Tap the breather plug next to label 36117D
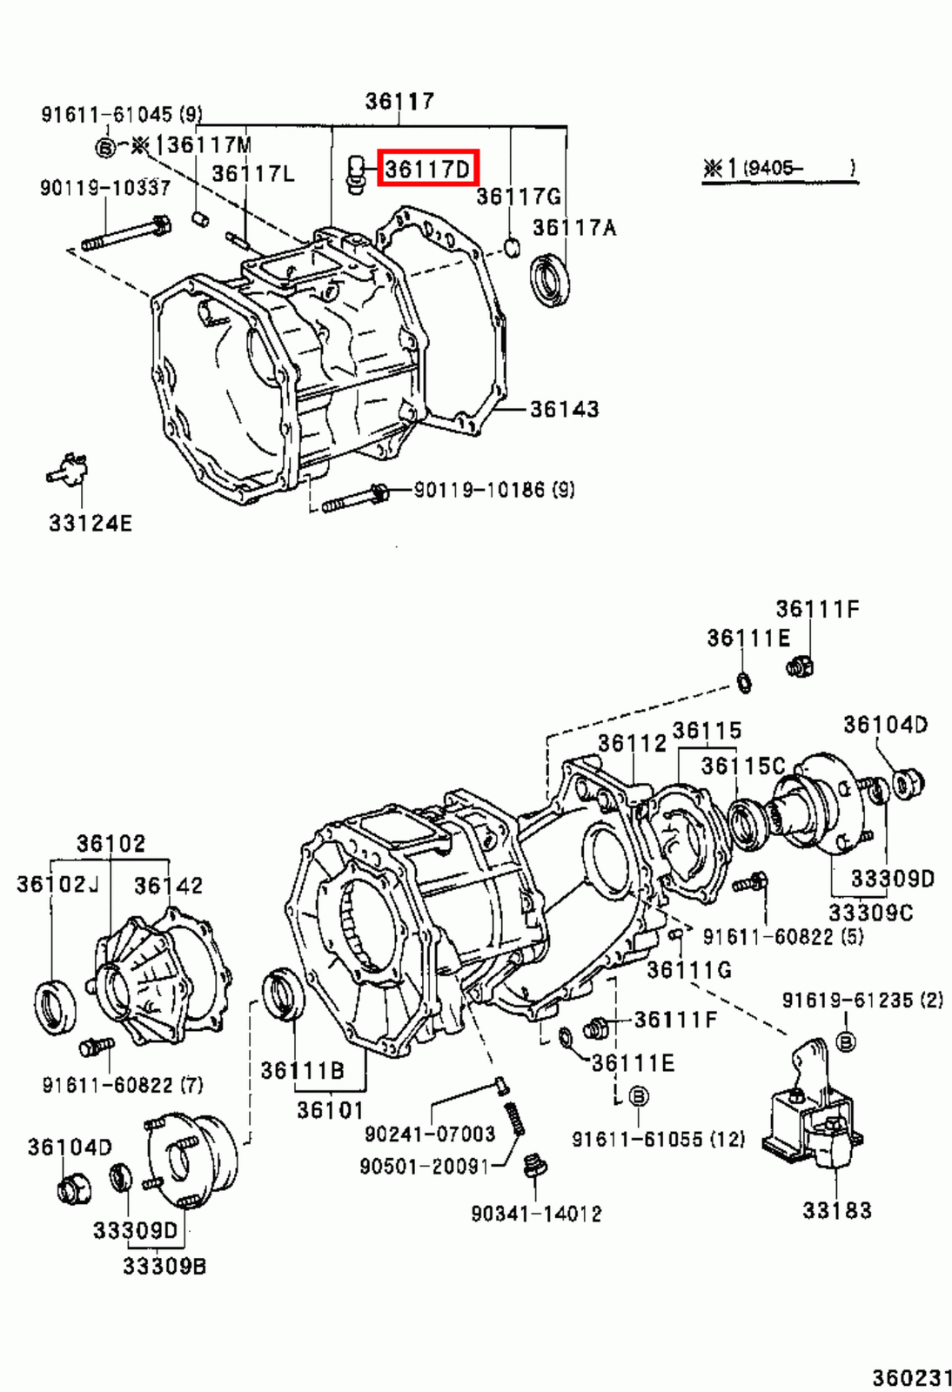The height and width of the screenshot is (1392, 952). click(x=355, y=174)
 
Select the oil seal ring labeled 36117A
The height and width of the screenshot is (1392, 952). click(x=550, y=278)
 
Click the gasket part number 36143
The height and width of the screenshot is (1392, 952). click(x=564, y=409)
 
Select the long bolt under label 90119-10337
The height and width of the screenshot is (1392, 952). click(x=127, y=234)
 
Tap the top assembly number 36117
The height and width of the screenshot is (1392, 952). click(x=399, y=101)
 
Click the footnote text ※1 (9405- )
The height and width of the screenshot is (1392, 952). click(x=779, y=168)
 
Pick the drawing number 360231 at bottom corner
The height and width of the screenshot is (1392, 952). click(x=911, y=1377)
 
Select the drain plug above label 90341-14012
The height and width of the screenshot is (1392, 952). click(x=533, y=1167)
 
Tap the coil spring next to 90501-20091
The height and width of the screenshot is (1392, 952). click(x=515, y=1117)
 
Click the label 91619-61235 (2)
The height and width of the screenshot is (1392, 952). click(x=861, y=1000)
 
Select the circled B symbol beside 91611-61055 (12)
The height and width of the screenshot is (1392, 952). click(x=638, y=1096)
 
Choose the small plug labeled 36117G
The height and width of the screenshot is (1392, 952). click(x=511, y=247)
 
